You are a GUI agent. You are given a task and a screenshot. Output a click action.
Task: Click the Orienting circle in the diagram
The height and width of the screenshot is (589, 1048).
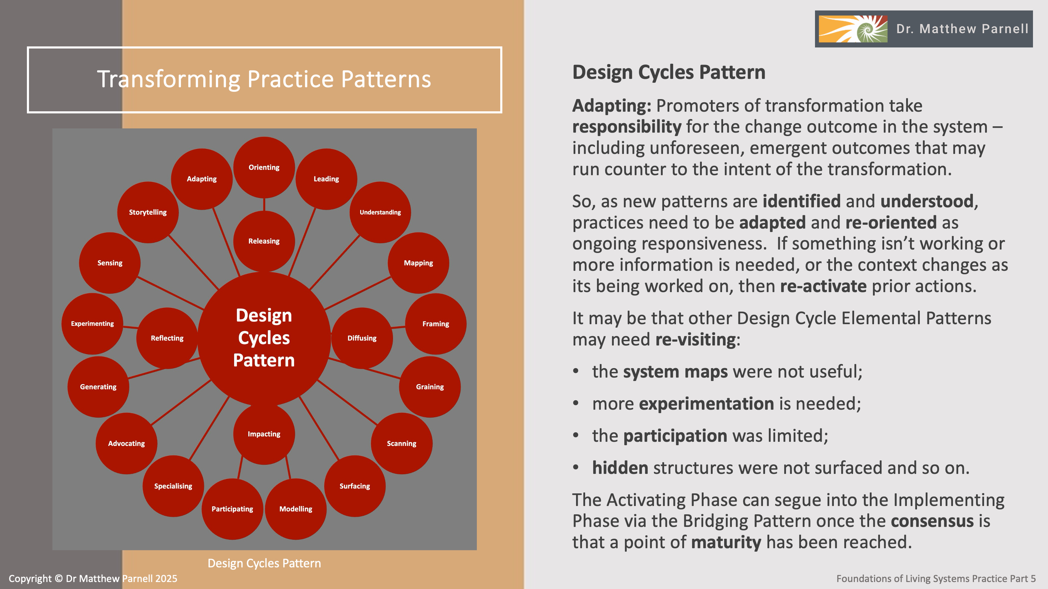(264, 167)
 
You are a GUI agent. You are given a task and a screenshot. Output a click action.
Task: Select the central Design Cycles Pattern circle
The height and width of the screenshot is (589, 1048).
(264, 338)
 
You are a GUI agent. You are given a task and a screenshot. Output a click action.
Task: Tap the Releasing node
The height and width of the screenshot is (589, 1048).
(264, 241)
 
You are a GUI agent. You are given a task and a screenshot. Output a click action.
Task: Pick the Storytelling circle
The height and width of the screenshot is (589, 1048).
(148, 212)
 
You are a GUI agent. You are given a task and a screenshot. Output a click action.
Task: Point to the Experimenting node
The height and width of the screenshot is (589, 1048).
(92, 323)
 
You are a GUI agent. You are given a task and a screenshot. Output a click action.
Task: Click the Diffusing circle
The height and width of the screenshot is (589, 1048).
(362, 338)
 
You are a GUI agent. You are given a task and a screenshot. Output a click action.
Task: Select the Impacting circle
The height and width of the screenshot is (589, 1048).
(264, 434)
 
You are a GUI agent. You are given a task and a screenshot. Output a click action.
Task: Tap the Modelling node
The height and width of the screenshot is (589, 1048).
(296, 509)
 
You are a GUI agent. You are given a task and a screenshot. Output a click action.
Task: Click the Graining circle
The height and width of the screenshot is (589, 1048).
(430, 387)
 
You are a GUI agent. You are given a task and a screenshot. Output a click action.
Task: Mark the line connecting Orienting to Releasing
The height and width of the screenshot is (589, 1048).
(264, 204)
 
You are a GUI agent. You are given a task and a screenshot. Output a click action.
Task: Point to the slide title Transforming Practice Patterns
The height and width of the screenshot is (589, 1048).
(264, 79)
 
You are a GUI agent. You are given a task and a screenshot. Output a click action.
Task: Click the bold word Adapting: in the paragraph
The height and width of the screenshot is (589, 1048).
(611, 106)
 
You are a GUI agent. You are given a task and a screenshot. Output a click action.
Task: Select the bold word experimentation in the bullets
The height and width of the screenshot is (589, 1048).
(706, 404)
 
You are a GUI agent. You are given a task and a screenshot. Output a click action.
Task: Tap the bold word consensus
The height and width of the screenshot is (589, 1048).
(932, 521)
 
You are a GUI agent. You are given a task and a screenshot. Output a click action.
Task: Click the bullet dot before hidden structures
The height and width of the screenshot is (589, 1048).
(576, 468)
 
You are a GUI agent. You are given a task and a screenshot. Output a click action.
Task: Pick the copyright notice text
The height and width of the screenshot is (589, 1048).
(93, 579)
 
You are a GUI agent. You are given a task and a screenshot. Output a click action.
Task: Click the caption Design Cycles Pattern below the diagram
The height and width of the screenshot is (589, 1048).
(264, 564)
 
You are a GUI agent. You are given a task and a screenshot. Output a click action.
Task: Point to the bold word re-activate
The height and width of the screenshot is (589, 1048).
(823, 286)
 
